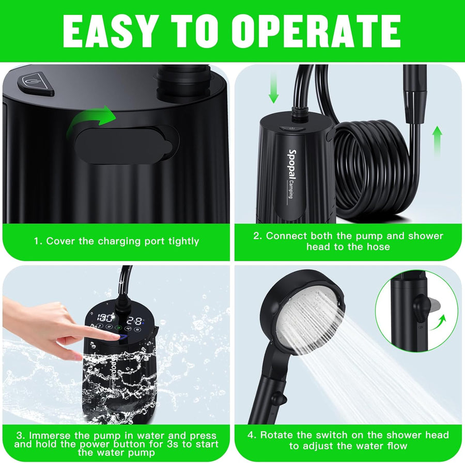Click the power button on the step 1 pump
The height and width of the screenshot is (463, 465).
tap(35, 84)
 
